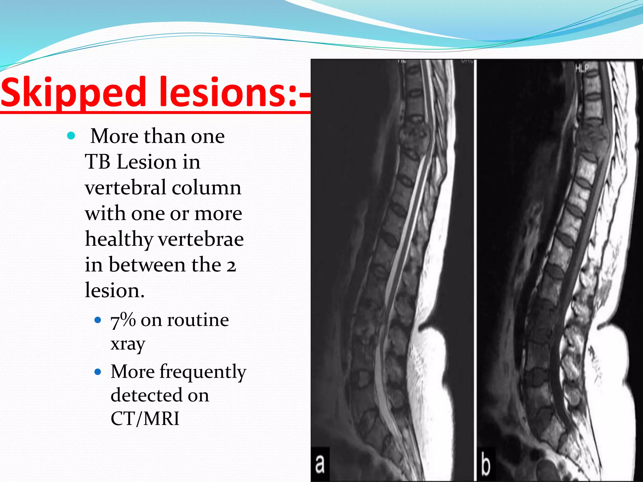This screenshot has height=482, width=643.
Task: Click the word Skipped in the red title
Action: [x=73, y=93]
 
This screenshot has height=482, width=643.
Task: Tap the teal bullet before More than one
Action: [x=71, y=136]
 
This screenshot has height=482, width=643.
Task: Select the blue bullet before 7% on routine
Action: [x=98, y=320]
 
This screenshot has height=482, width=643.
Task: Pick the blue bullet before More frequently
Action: [x=98, y=372]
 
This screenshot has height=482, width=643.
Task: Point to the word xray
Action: [x=128, y=344]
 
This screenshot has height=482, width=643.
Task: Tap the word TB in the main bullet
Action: [x=98, y=162]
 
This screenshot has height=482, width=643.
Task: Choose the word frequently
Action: [x=203, y=372]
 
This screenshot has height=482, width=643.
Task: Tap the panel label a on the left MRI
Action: [x=320, y=464]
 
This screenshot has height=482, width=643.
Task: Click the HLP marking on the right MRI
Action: [x=582, y=68]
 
